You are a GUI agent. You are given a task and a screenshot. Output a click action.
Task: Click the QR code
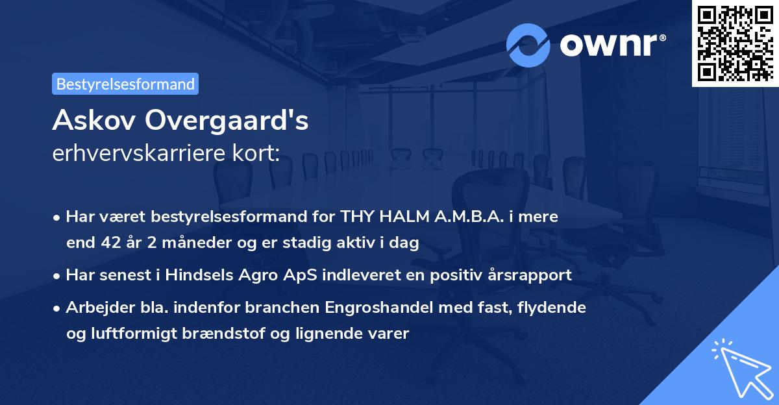click(736, 43)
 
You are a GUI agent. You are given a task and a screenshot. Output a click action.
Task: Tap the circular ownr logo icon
click(528, 45)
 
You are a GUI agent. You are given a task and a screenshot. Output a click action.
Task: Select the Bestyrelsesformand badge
click(125, 84)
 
